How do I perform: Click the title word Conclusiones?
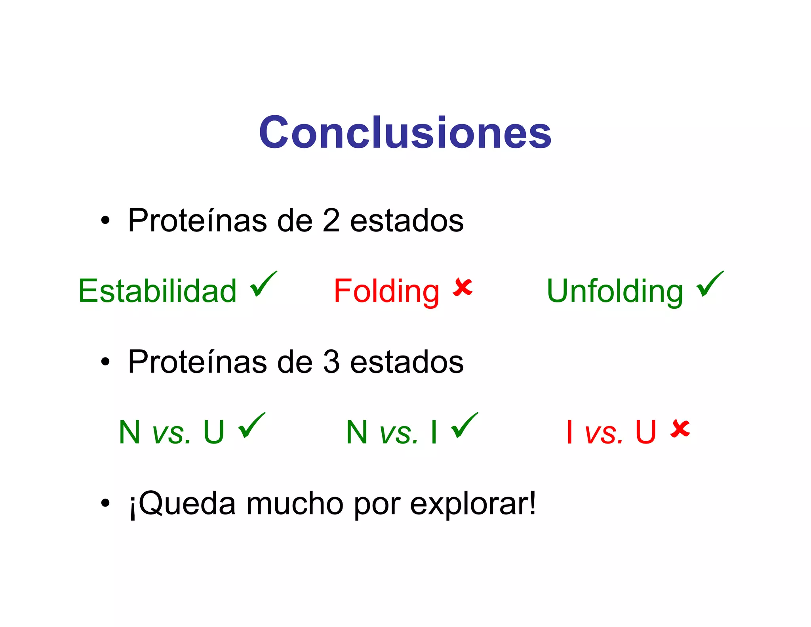click(x=405, y=132)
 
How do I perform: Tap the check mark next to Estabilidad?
click(x=263, y=284)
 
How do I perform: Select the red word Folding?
click(x=386, y=292)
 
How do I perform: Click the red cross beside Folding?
click(x=463, y=287)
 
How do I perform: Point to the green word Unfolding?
click(x=615, y=292)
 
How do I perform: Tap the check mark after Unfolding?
click(x=710, y=284)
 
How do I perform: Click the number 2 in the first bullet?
click(x=331, y=220)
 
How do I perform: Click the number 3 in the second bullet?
click(x=331, y=362)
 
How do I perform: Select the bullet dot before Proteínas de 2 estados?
click(x=105, y=220)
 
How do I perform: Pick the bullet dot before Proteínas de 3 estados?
click(x=105, y=361)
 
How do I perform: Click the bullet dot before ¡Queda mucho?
click(x=105, y=503)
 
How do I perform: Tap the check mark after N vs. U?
click(x=251, y=425)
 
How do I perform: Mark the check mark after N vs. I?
click(x=465, y=425)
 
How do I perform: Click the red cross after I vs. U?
click(x=680, y=429)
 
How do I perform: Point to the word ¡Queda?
click(x=182, y=504)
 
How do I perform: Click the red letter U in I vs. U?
click(x=645, y=432)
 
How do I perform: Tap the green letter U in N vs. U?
click(x=214, y=432)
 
